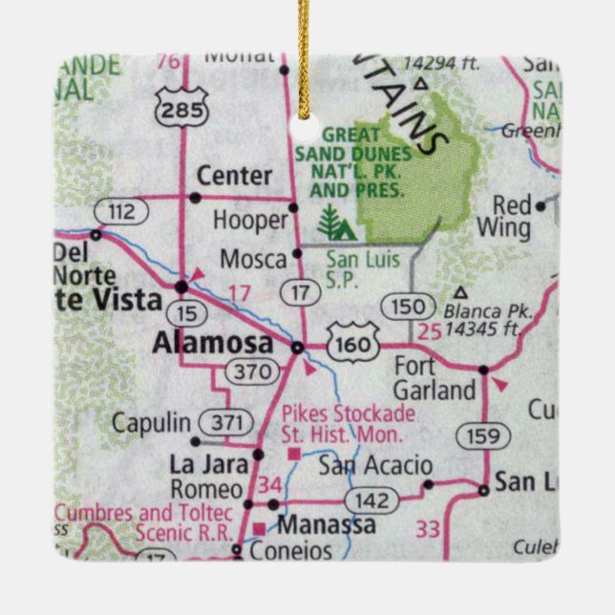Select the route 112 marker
tap(123, 211)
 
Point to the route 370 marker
tap(252, 371)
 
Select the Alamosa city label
tap(212, 344)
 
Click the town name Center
tap(234, 177)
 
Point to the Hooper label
tap(250, 221)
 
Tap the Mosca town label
tap(253, 259)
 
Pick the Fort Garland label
tap(435, 377)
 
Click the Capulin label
tap(152, 422)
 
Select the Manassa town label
tap(326, 525)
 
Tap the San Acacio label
tap(374, 466)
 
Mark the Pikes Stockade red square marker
tap(295, 453)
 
